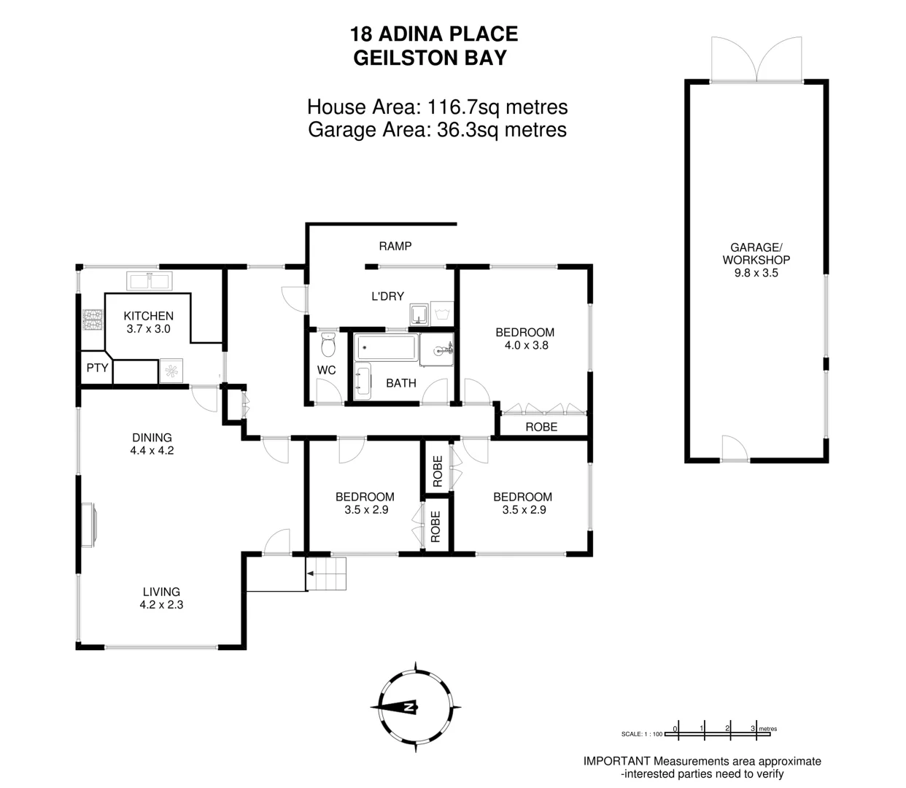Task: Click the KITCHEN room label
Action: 148,316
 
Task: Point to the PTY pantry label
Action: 97,368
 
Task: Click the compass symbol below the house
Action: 414,706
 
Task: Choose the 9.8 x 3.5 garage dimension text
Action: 756,273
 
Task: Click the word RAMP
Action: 395,247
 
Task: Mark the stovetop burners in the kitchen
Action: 93,320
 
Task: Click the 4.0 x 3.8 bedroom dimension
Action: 526,345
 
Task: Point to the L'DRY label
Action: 387,296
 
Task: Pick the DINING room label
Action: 152,438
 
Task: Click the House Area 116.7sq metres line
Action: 437,107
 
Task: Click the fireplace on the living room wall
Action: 88,524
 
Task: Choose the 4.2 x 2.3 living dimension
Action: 161,605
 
